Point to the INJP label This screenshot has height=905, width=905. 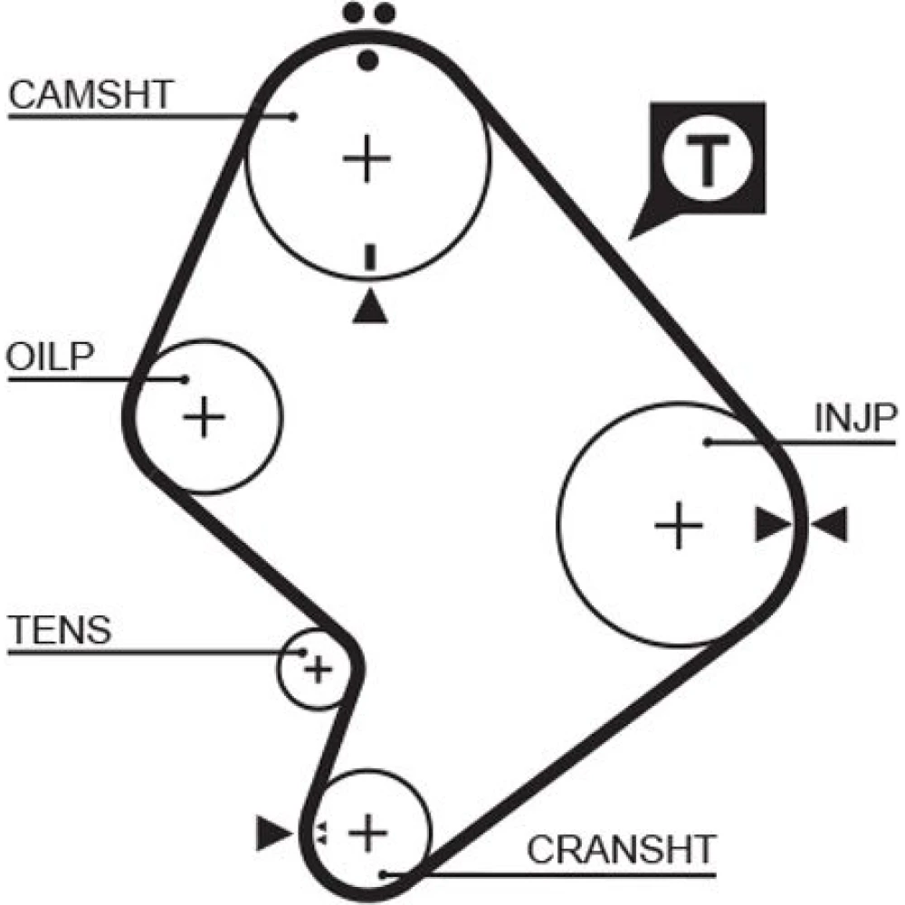click(854, 418)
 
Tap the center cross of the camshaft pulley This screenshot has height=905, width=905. click(367, 159)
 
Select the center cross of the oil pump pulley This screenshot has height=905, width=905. click(205, 417)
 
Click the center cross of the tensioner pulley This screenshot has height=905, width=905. click(317, 670)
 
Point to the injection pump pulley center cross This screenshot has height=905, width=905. click(679, 525)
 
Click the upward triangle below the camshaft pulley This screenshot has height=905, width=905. click(369, 306)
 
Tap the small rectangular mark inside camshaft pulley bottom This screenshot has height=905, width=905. click(368, 256)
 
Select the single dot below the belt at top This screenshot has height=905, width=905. click(367, 61)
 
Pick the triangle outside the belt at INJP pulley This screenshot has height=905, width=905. click(829, 525)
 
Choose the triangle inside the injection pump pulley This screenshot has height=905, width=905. click(772, 525)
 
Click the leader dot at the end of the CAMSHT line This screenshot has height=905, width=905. click(294, 116)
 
